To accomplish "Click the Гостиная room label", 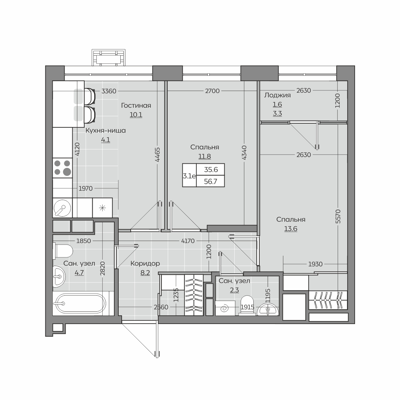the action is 136,105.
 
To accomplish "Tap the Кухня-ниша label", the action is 106,131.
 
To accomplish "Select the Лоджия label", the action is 277,95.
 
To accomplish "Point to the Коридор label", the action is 145,263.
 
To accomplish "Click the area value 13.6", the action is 291,229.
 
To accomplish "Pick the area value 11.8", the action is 205,156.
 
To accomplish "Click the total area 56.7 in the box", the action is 210,181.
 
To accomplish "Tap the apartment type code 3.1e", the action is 189,176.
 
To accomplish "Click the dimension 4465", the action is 158,154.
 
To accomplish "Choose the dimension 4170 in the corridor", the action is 188,241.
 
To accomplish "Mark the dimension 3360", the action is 109,91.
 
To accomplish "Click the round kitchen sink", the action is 62,208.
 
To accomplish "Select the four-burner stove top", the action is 62,168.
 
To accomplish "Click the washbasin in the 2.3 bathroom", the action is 268,310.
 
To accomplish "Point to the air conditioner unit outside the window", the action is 109,57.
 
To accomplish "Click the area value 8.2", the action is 145,273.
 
